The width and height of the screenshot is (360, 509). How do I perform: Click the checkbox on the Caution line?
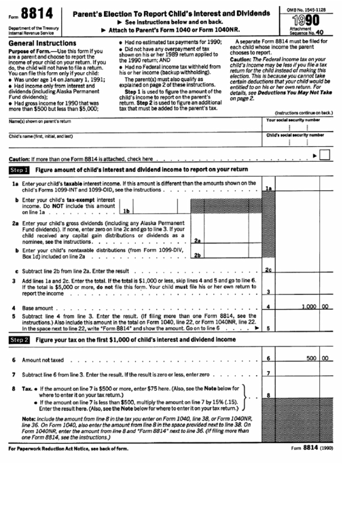point(325,156)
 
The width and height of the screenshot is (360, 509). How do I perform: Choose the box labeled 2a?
point(197,240)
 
